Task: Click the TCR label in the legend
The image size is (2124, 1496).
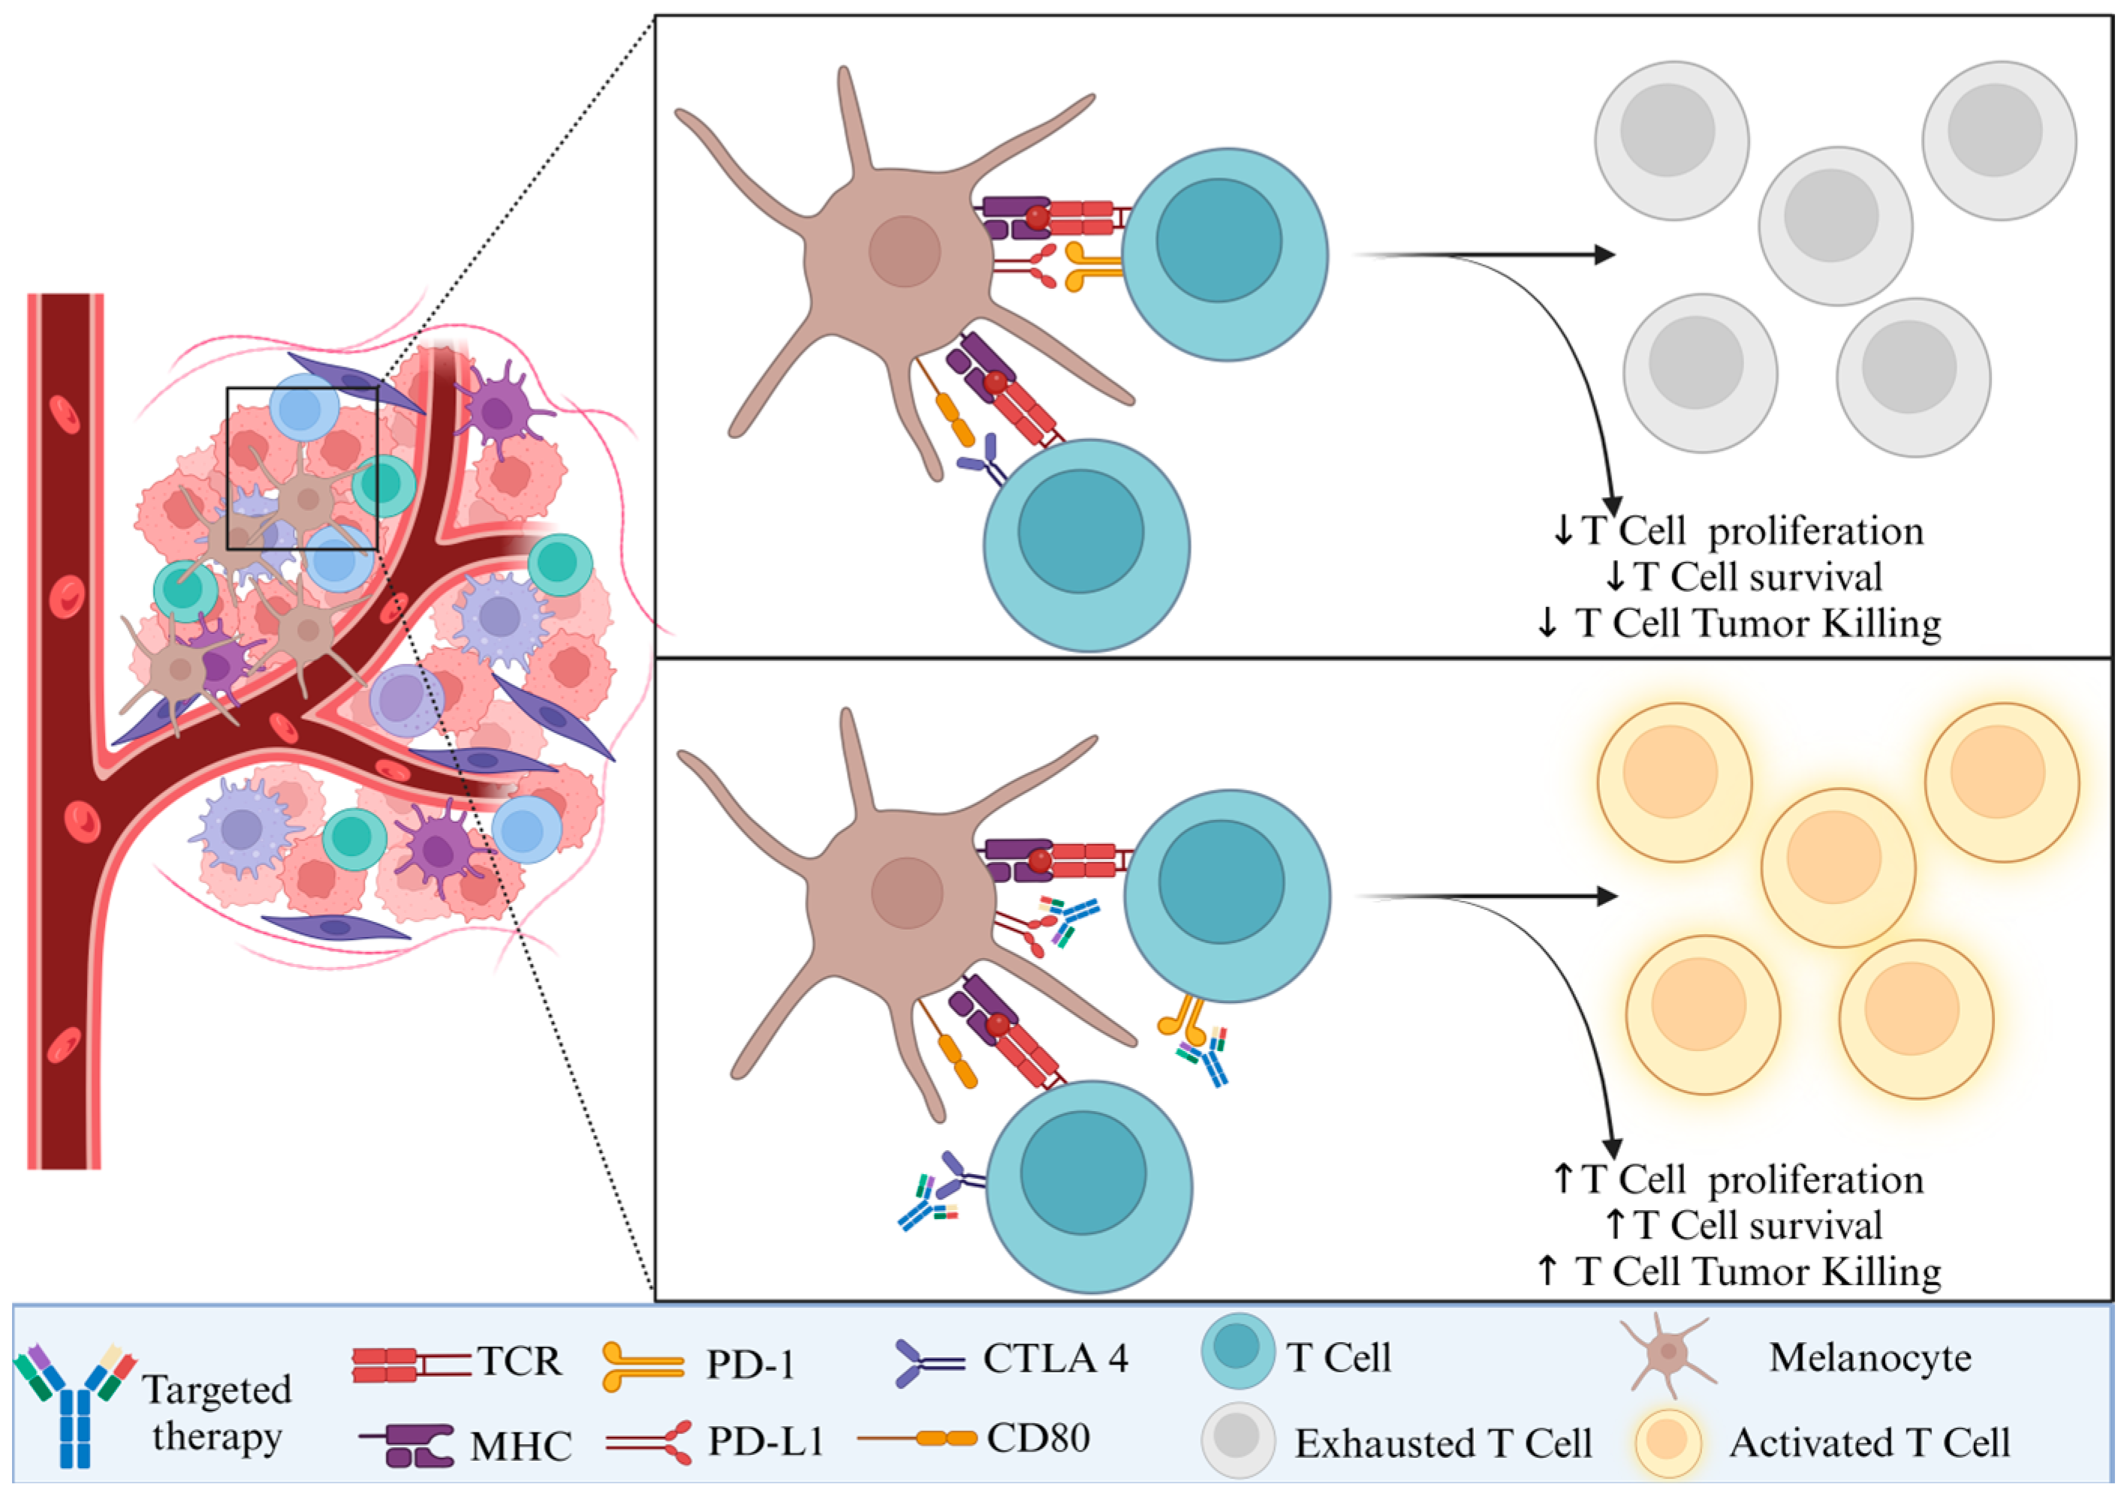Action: (x=519, y=1361)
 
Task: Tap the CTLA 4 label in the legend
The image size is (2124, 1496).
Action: (x=1055, y=1358)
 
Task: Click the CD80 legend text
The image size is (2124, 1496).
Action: (x=1038, y=1437)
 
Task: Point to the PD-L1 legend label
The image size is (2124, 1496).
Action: (x=766, y=1440)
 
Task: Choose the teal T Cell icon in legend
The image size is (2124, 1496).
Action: (x=1238, y=1351)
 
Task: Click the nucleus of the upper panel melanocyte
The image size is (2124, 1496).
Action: (x=904, y=251)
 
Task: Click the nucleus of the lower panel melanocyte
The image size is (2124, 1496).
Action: (x=907, y=893)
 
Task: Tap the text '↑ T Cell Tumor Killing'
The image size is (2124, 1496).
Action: (x=1739, y=1272)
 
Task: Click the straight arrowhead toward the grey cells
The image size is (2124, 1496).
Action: (x=1605, y=254)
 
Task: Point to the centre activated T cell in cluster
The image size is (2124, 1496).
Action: (x=1837, y=867)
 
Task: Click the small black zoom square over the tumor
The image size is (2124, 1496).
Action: (x=302, y=468)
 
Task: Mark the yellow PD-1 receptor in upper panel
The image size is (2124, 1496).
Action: (x=1092, y=266)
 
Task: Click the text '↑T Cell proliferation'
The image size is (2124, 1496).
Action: (x=1738, y=1180)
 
